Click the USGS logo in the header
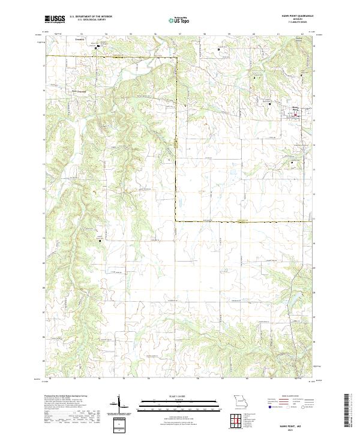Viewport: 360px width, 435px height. point(54,20)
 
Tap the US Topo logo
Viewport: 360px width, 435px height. point(179,20)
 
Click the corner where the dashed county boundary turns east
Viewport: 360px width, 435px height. point(176,221)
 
